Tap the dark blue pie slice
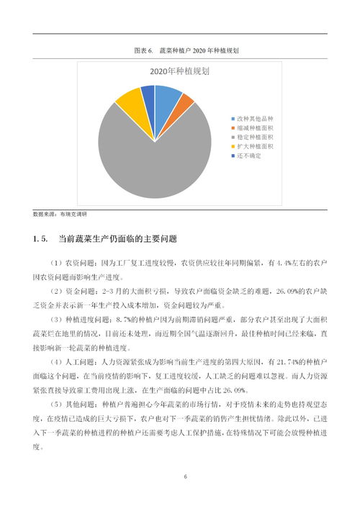pos(148,92)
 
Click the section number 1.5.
pos(40,238)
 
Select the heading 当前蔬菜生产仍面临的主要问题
pos(117,238)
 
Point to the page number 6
pos(185,477)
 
